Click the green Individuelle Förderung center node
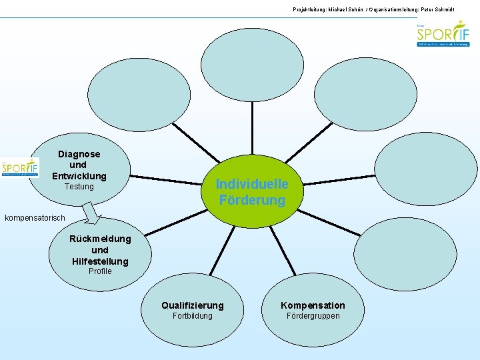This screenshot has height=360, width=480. pyautogui.click(x=252, y=192)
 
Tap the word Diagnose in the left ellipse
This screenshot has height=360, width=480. pyautogui.click(x=79, y=154)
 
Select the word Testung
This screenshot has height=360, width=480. pyautogui.click(x=79, y=187)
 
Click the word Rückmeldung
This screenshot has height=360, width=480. pyautogui.click(x=100, y=239)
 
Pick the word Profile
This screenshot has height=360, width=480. pyautogui.click(x=100, y=271)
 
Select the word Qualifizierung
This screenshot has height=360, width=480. pyautogui.click(x=193, y=305)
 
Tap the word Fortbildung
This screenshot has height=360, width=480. pyautogui.click(x=193, y=316)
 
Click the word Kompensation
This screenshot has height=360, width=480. pyautogui.click(x=313, y=305)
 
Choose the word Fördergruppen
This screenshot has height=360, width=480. pyautogui.click(x=313, y=316)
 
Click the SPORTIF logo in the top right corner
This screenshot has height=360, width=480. pyautogui.click(x=443, y=34)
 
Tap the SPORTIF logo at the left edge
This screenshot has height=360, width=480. pyautogui.click(x=20, y=168)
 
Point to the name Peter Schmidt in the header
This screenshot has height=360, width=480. pyautogui.click(x=454, y=9)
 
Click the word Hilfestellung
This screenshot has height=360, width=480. pyautogui.click(x=100, y=261)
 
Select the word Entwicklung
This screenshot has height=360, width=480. pyautogui.click(x=79, y=176)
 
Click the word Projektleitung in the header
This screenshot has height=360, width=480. pyautogui.click(x=309, y=9)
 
